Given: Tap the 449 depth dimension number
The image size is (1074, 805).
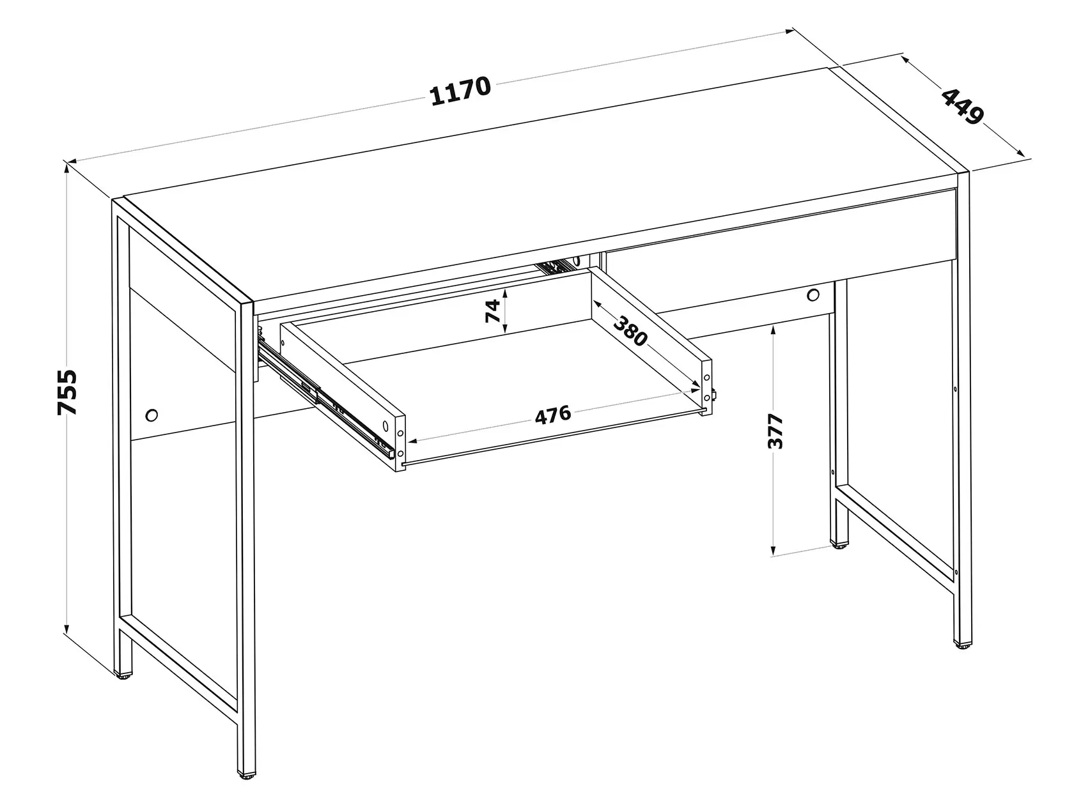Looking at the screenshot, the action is click(x=962, y=113).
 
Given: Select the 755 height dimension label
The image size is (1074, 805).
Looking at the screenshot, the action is click(x=68, y=392).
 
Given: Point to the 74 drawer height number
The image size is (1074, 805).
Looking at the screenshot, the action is click(x=493, y=311).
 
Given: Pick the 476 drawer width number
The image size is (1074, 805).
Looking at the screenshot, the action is click(x=553, y=415).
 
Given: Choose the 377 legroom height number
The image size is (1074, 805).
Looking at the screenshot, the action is click(x=775, y=431).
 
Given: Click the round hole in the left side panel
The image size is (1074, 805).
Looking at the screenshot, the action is click(x=152, y=415).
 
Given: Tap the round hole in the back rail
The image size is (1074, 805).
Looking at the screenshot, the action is click(x=813, y=295).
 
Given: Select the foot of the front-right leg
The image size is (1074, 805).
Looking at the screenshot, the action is click(x=962, y=645).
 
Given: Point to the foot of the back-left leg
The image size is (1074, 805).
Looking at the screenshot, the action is click(x=123, y=675).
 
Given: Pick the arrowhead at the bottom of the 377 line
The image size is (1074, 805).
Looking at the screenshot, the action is click(x=773, y=550).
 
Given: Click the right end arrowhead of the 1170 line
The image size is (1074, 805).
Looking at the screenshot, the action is click(x=789, y=31).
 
